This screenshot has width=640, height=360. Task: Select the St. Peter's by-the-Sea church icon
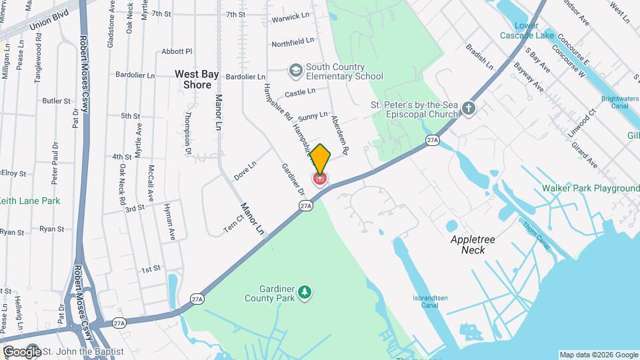click(469, 108)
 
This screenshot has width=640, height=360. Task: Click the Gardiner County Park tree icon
click(305, 292)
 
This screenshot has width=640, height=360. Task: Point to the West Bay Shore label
click(193, 79)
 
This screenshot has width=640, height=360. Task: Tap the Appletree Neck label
click(477, 244)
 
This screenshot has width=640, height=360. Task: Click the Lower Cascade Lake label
click(526, 30)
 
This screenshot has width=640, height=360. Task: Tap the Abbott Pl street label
click(177, 51)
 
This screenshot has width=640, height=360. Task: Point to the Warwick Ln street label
click(291, 15)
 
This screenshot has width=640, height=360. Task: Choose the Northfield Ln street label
click(293, 42)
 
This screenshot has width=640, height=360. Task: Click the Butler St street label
click(56, 101)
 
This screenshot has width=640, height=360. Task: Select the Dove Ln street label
click(245, 171)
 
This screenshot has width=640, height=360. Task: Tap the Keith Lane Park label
click(29, 201)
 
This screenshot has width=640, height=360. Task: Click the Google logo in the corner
click(21, 351)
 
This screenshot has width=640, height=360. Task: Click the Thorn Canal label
click(537, 236)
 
